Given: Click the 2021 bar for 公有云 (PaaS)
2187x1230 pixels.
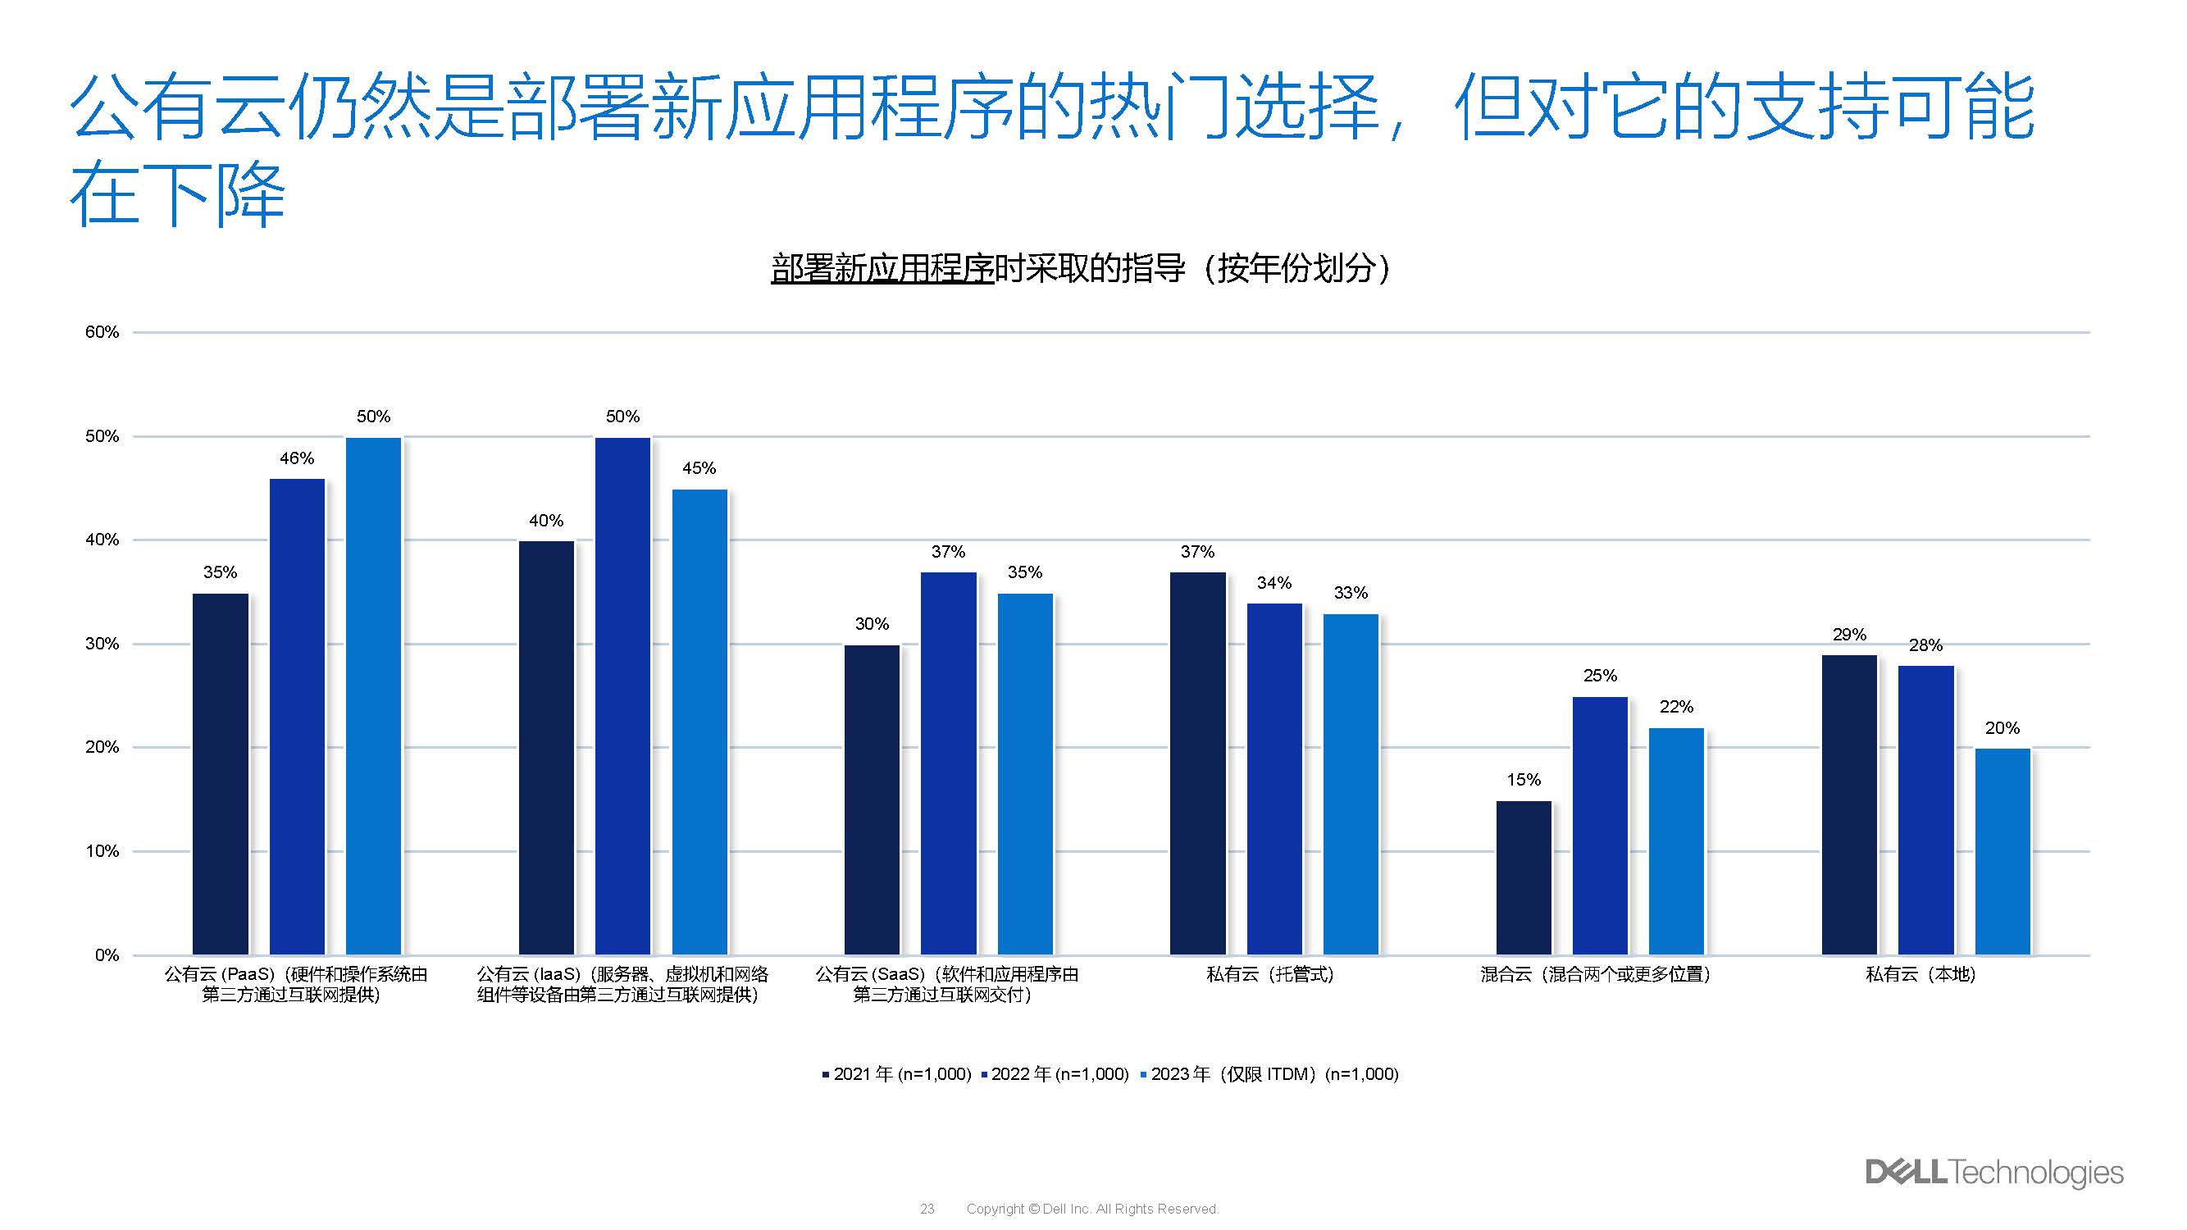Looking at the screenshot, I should [220, 773].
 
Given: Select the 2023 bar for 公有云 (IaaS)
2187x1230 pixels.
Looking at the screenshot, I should [699, 722].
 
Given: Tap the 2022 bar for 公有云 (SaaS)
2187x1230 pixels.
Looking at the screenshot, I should [948, 763].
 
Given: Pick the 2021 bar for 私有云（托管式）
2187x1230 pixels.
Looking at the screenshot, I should [1197, 763].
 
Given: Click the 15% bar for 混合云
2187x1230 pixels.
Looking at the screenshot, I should [1523, 877].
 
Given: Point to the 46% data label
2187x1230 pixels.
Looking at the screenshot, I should [296, 458].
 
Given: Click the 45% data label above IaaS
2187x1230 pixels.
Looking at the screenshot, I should [699, 468].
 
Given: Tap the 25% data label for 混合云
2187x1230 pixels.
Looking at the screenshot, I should [1600, 676].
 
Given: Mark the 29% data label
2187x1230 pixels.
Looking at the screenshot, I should [1849, 635].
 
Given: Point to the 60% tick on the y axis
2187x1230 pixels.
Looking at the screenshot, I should [102, 333].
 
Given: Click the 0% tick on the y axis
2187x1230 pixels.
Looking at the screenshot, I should [107, 956].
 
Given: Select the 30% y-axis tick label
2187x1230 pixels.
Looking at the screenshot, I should [102, 645].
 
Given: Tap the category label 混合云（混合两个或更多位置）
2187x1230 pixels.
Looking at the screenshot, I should [1594, 974].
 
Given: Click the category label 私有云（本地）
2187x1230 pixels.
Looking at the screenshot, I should [1920, 974].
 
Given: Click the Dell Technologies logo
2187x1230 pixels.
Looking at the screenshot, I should [1993, 1173].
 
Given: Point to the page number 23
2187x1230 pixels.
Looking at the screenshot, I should [927, 1209].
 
